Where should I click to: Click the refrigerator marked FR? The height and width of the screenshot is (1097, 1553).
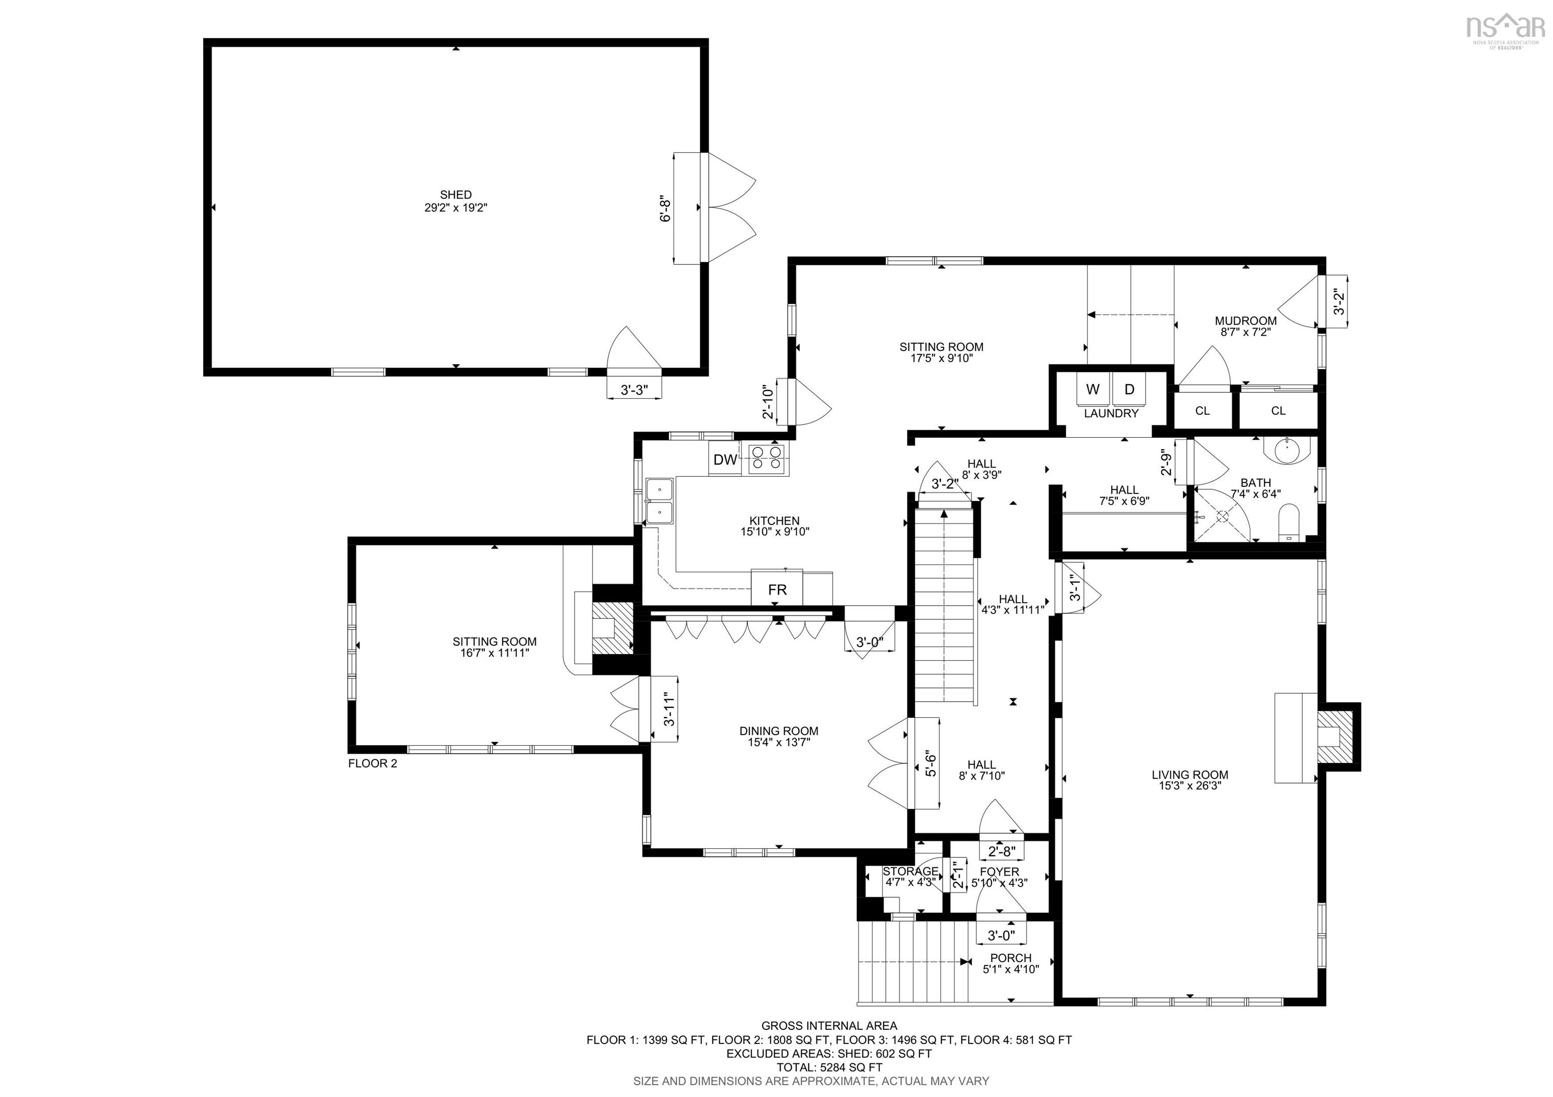777,589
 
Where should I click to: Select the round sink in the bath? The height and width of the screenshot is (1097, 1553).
1287,451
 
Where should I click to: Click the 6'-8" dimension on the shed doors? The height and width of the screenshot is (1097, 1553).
666,209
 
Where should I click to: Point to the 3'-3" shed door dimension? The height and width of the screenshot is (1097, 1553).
634,390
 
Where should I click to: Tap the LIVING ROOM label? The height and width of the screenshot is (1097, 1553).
1190,774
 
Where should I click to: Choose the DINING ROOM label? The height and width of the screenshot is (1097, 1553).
779,730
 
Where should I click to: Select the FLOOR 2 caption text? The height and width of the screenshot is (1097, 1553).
373,763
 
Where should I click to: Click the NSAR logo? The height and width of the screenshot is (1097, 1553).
1505,30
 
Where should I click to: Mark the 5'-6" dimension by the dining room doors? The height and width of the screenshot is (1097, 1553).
931,763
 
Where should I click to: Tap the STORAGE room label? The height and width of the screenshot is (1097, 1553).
910,871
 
